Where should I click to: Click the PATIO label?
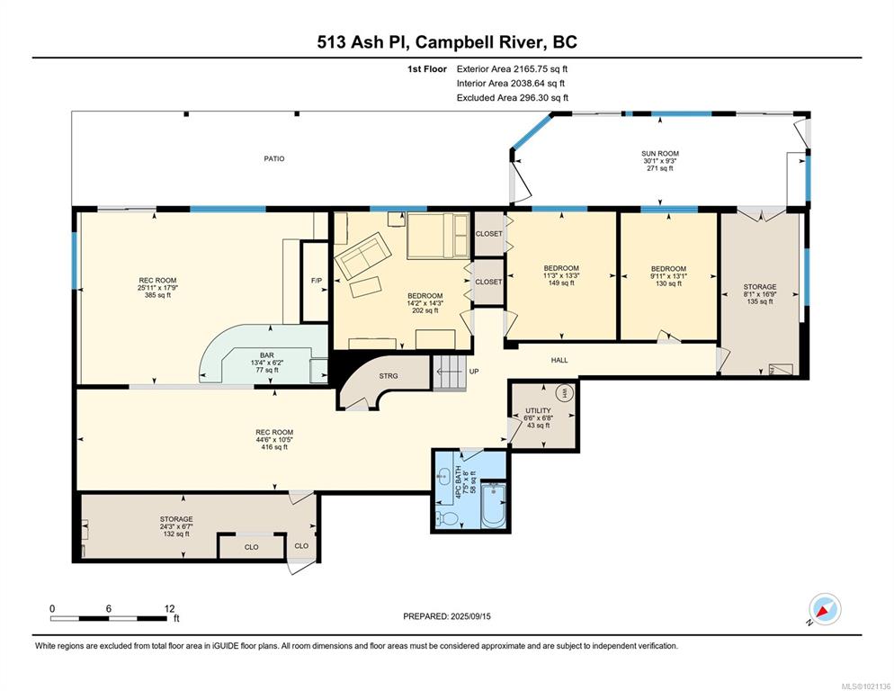273,158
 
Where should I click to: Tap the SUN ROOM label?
659,154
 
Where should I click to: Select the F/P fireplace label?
317,281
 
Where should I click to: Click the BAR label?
267,355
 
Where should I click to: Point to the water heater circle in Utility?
565,394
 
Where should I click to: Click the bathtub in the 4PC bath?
493,505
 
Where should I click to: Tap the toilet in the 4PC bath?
446,518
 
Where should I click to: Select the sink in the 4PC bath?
443,474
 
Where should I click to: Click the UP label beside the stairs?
474,372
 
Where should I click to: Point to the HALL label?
559,361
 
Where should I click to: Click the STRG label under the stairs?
389,376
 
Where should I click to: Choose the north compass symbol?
825,610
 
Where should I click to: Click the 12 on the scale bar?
169,609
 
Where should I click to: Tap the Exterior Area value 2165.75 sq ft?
541,69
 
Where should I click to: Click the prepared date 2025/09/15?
470,616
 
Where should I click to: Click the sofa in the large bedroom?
362,255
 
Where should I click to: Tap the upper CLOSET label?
488,234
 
